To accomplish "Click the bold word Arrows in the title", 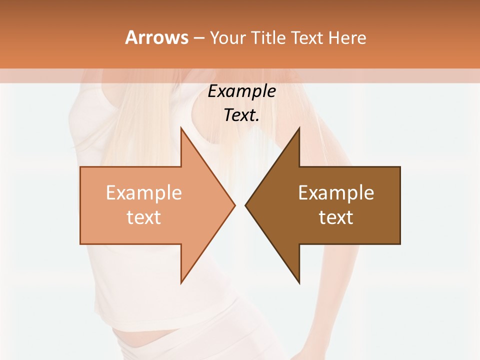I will coord(156,37).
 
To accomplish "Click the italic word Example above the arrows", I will coord(242,91).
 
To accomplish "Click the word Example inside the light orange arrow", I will coord(144,193).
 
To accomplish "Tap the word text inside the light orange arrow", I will coord(144,217).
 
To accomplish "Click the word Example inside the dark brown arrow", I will coord(336,193).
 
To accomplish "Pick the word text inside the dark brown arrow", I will coord(336,217).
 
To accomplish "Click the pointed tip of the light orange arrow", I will coord(234,205).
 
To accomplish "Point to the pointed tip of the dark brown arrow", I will coord(245,205).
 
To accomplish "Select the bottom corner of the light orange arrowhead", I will coord(181,283).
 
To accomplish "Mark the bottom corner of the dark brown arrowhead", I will coord(299,283).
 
